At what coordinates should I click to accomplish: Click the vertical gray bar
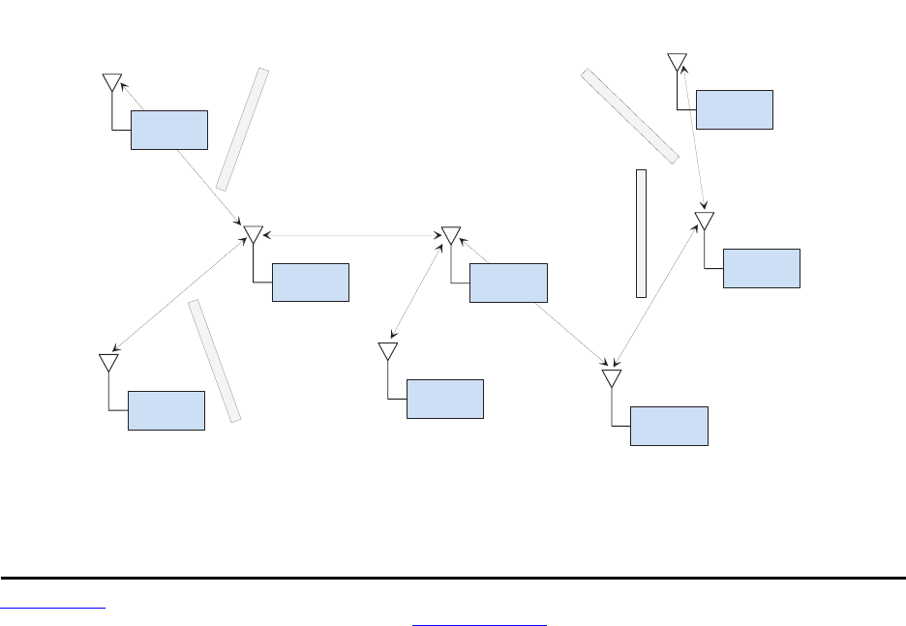click(x=641, y=233)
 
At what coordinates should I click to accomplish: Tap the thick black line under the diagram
click(x=453, y=578)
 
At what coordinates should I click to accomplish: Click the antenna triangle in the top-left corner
click(x=112, y=82)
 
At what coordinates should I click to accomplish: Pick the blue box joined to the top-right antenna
click(x=734, y=109)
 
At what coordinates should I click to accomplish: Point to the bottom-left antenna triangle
click(x=108, y=362)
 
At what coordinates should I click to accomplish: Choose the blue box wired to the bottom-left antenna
click(x=166, y=410)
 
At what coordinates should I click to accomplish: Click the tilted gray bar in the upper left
click(x=242, y=129)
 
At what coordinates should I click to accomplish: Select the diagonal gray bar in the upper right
click(x=629, y=116)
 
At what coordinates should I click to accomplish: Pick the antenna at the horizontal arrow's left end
click(x=254, y=234)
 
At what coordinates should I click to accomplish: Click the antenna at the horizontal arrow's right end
click(x=451, y=235)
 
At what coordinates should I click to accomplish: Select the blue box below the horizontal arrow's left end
click(x=311, y=282)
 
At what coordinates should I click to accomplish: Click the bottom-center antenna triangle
click(x=388, y=350)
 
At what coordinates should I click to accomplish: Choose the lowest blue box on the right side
click(x=669, y=426)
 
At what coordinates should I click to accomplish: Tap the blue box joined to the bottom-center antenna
click(x=445, y=399)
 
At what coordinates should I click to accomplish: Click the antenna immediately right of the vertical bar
click(x=705, y=221)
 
